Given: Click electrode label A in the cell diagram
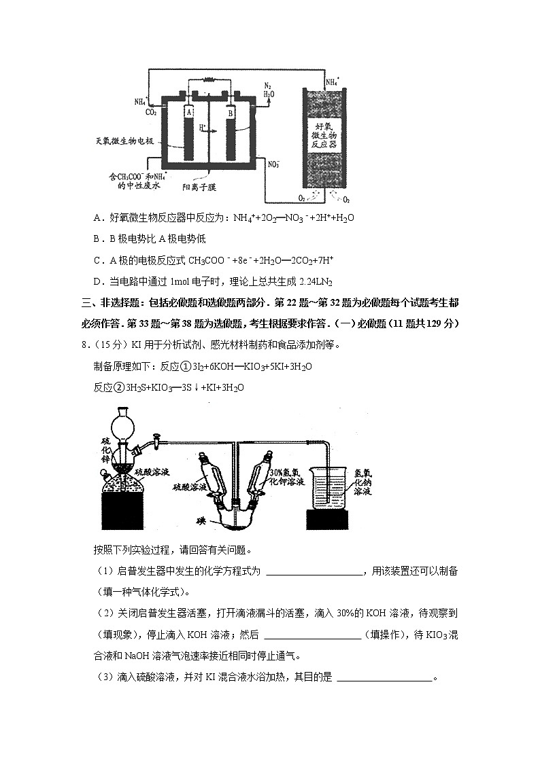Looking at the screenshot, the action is point(189,111).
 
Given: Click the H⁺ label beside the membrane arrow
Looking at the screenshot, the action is point(203,127).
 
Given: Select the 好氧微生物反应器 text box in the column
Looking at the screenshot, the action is point(323,137).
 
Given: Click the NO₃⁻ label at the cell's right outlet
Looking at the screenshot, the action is point(274,164).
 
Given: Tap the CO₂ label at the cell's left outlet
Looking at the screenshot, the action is point(151,112).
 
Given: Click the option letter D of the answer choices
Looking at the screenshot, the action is point(98,281).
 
